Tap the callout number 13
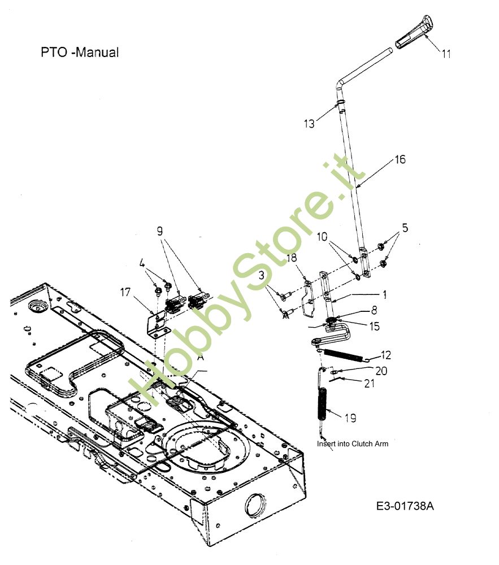coord(309,123)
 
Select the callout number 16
coord(400,160)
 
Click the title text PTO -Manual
coord(79,53)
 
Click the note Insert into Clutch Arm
coord(352,444)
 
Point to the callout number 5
coord(405,228)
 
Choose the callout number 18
coord(292,258)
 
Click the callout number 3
coord(262,275)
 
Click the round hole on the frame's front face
coord(255,502)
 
